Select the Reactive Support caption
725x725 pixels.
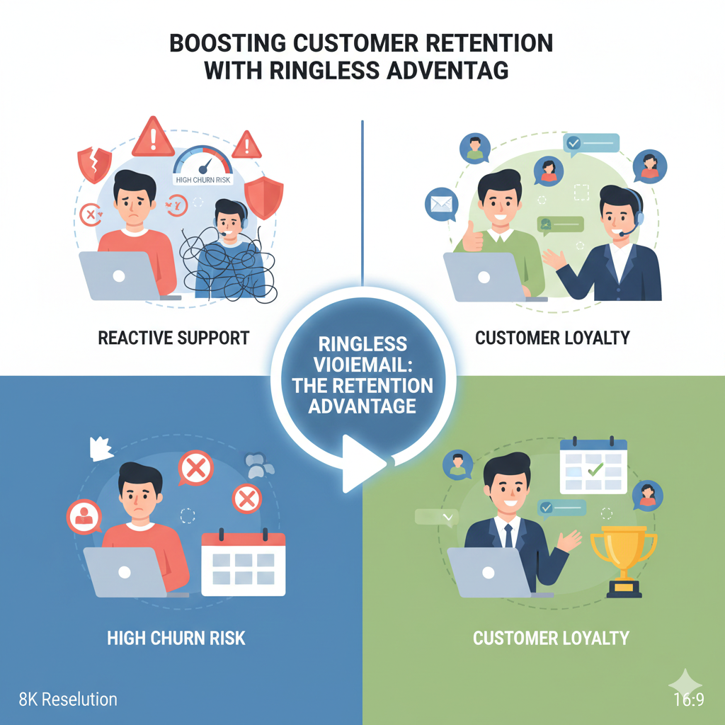click(x=173, y=337)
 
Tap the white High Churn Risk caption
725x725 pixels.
click(x=176, y=638)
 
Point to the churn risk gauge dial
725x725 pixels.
click(x=203, y=163)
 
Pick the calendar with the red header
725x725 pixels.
click(x=243, y=563)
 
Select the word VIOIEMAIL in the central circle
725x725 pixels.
click(x=362, y=365)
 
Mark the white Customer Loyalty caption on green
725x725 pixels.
click(x=551, y=638)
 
